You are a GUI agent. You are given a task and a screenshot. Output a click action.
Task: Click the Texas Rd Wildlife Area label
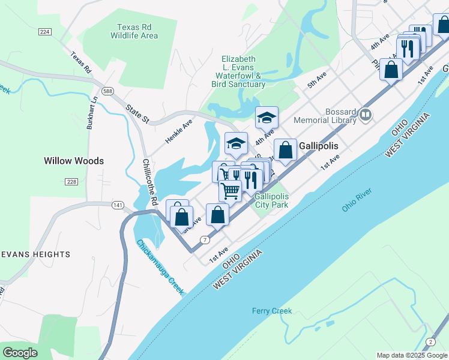click(x=134, y=31)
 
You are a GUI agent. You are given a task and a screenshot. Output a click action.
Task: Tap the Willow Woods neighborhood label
click(x=74, y=161)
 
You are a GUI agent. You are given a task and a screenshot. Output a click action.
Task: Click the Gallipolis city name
click(x=319, y=146)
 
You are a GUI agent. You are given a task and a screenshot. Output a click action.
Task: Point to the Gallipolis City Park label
click(x=272, y=200)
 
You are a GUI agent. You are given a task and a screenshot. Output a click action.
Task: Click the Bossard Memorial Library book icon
click(x=365, y=114)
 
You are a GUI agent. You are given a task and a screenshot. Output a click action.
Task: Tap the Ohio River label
click(x=357, y=200)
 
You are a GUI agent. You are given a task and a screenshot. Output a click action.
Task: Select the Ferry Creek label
click(x=271, y=311)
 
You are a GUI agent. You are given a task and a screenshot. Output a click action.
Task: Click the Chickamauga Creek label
click(x=160, y=266)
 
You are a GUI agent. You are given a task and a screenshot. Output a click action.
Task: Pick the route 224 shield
click(x=44, y=31)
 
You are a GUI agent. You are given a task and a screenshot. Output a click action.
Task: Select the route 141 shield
click(x=117, y=205)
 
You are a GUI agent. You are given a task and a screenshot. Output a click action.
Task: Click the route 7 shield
click(x=205, y=240)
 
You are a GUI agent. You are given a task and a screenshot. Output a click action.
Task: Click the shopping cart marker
click(x=230, y=191)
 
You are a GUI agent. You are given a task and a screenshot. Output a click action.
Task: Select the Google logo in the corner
click(x=20, y=353)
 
